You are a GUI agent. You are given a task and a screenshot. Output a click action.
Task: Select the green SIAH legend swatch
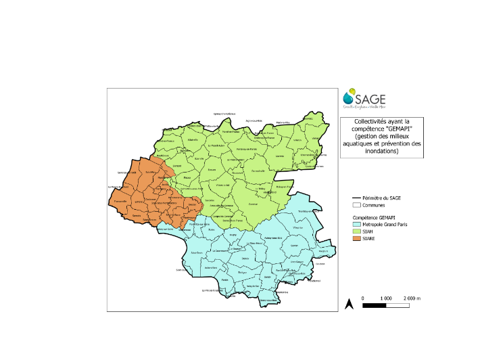click(x=357, y=231)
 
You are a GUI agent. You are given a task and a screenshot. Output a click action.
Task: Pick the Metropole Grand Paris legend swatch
click(x=357, y=224)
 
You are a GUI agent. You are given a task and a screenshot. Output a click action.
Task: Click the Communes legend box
click(x=357, y=204)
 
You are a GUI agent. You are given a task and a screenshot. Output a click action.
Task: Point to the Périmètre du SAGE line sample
click(x=357, y=197)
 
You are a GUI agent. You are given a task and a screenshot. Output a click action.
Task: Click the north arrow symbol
click(x=349, y=304)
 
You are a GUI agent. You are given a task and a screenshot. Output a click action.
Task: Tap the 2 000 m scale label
click(x=410, y=298)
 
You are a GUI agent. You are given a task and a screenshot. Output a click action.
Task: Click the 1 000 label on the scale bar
click(x=387, y=298)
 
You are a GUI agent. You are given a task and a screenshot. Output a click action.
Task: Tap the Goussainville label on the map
click(x=258, y=171)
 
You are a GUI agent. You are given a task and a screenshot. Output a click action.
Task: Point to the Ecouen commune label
click(x=212, y=169)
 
